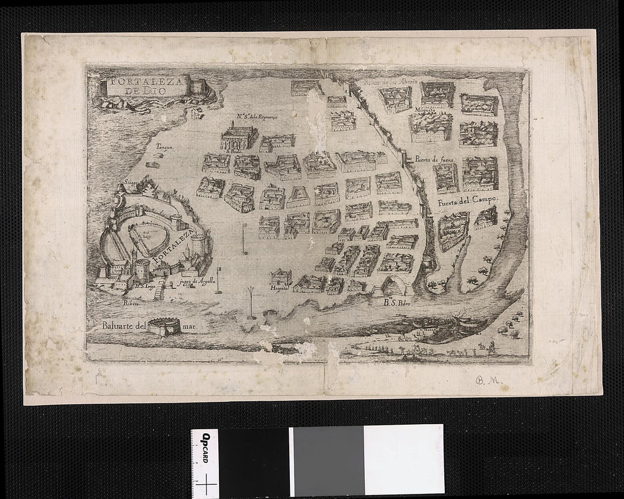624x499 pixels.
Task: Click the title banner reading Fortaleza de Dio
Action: tap(146, 87)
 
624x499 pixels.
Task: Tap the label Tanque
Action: tap(163, 146)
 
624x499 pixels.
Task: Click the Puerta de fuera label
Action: tap(436, 160)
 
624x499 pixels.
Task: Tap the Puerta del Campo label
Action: tap(466, 200)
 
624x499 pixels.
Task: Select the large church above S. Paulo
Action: tap(239, 136)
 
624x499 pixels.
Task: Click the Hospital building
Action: tap(281, 276)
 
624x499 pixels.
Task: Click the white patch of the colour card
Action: tap(403, 459)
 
